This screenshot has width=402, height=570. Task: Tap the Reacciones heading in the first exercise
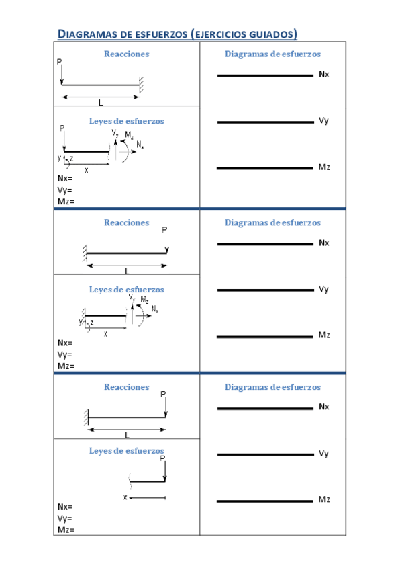126,54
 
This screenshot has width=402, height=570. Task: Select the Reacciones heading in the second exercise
126,222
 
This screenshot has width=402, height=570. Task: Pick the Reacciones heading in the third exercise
126,387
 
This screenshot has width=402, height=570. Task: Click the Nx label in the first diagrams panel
324,74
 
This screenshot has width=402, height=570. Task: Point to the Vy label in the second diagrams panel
323,289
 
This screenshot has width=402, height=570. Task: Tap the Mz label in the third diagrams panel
324,499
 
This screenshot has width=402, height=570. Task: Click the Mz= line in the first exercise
66,201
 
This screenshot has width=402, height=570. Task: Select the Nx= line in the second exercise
65,343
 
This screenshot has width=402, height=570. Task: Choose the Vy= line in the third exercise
65,518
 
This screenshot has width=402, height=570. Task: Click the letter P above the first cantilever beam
59,62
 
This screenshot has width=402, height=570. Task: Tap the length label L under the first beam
101,103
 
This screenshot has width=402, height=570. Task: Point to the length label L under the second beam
127,272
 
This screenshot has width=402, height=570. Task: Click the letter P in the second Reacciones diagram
164,229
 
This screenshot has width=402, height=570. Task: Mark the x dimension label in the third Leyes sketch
125,497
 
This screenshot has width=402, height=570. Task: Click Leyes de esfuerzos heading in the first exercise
126,121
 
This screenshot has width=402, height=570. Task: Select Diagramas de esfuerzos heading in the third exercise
272,387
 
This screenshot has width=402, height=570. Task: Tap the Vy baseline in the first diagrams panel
265,122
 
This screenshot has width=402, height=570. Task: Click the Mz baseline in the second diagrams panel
265,337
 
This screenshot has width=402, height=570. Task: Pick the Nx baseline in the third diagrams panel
265,408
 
